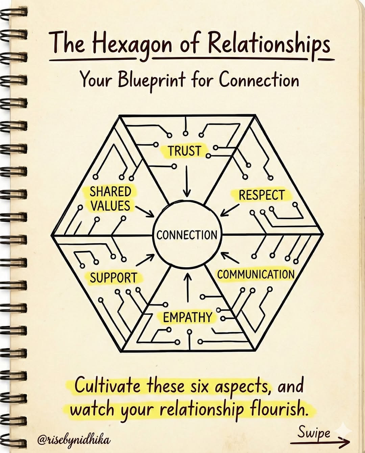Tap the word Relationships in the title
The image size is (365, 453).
tap(269, 44)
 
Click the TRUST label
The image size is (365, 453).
tap(185, 151)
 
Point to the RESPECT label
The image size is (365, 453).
tap(262, 195)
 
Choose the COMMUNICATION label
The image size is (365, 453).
tap(256, 274)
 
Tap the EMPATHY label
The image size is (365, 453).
tap(187, 318)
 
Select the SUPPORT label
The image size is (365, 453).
tap(113, 278)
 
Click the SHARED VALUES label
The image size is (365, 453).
tap(110, 199)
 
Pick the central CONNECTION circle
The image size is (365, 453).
tap(187, 234)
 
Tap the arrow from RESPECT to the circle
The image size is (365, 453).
tap(229, 209)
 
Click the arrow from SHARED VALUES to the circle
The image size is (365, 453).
tap(144, 211)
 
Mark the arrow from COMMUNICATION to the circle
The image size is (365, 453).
tap(230, 258)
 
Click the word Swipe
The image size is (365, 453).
tap(314, 433)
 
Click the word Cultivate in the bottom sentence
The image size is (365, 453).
tap(108, 386)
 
